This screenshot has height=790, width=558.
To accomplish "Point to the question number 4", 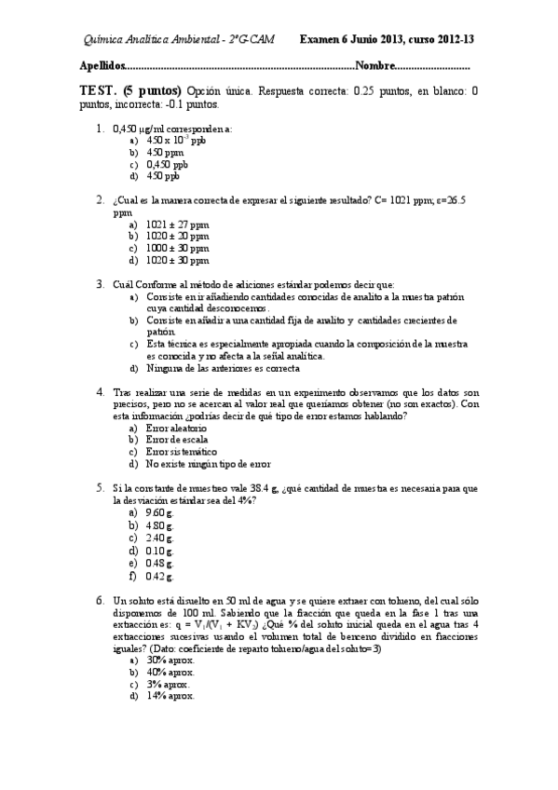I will coord(100,392).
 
